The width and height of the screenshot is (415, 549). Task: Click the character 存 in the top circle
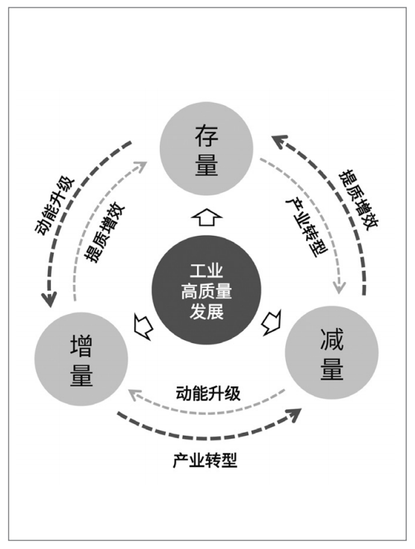point(207,136)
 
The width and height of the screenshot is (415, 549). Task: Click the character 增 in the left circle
point(81,346)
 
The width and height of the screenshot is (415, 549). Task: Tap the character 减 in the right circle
point(331,339)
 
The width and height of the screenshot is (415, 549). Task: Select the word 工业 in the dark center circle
point(207,270)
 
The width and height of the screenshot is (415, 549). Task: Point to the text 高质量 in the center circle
point(207,291)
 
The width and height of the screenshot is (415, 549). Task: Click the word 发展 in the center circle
point(207,311)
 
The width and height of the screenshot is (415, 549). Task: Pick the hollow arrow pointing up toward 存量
point(207,217)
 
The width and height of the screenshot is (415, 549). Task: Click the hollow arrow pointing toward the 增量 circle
point(144,326)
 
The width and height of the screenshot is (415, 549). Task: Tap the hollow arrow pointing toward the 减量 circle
point(272,322)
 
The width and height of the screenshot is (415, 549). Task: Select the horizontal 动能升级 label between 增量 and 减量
point(208,393)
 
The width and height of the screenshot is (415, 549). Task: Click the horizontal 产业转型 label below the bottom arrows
point(205,460)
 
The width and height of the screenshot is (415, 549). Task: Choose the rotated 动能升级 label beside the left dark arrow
point(54,206)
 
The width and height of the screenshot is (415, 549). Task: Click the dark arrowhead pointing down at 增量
point(49,299)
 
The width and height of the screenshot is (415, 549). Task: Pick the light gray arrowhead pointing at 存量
point(141,166)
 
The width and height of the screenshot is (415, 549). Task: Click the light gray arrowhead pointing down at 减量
point(339,286)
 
